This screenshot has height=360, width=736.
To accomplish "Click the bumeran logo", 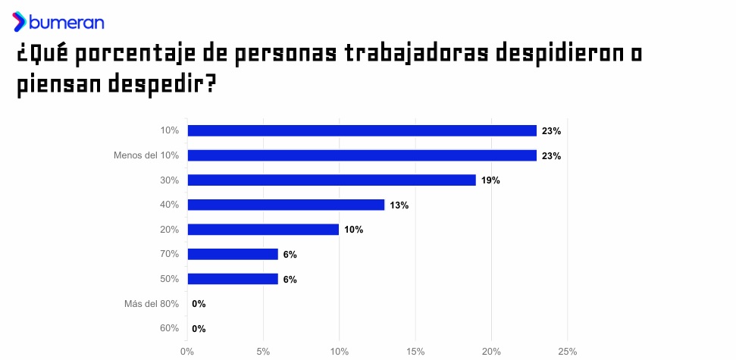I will tap(58, 22).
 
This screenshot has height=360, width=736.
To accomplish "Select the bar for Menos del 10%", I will tap(362, 155).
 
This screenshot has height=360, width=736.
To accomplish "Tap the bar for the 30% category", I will tap(331, 180).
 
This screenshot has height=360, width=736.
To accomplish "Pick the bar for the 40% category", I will tap(286, 205).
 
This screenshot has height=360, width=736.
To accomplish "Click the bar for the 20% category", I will tap(263, 230).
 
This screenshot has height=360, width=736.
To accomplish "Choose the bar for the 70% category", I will tap(233, 254).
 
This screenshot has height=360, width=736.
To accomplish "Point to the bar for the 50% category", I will tap(233, 279).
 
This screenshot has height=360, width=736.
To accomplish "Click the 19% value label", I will tap(490, 180).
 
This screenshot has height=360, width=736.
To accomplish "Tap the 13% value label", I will tap(399, 205).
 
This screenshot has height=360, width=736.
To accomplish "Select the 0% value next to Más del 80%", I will tap(199, 304).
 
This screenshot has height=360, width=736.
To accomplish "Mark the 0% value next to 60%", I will tap(199, 328).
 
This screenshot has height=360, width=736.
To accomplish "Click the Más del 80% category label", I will tap(152, 304).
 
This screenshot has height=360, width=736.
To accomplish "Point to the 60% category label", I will tap(169, 328).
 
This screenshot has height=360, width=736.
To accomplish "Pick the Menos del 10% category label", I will tap(146, 155).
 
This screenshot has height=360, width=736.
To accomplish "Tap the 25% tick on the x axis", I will tap(567, 352).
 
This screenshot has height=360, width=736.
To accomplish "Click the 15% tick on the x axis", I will tap(415, 352).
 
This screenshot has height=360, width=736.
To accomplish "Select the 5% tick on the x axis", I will tap(263, 352).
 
